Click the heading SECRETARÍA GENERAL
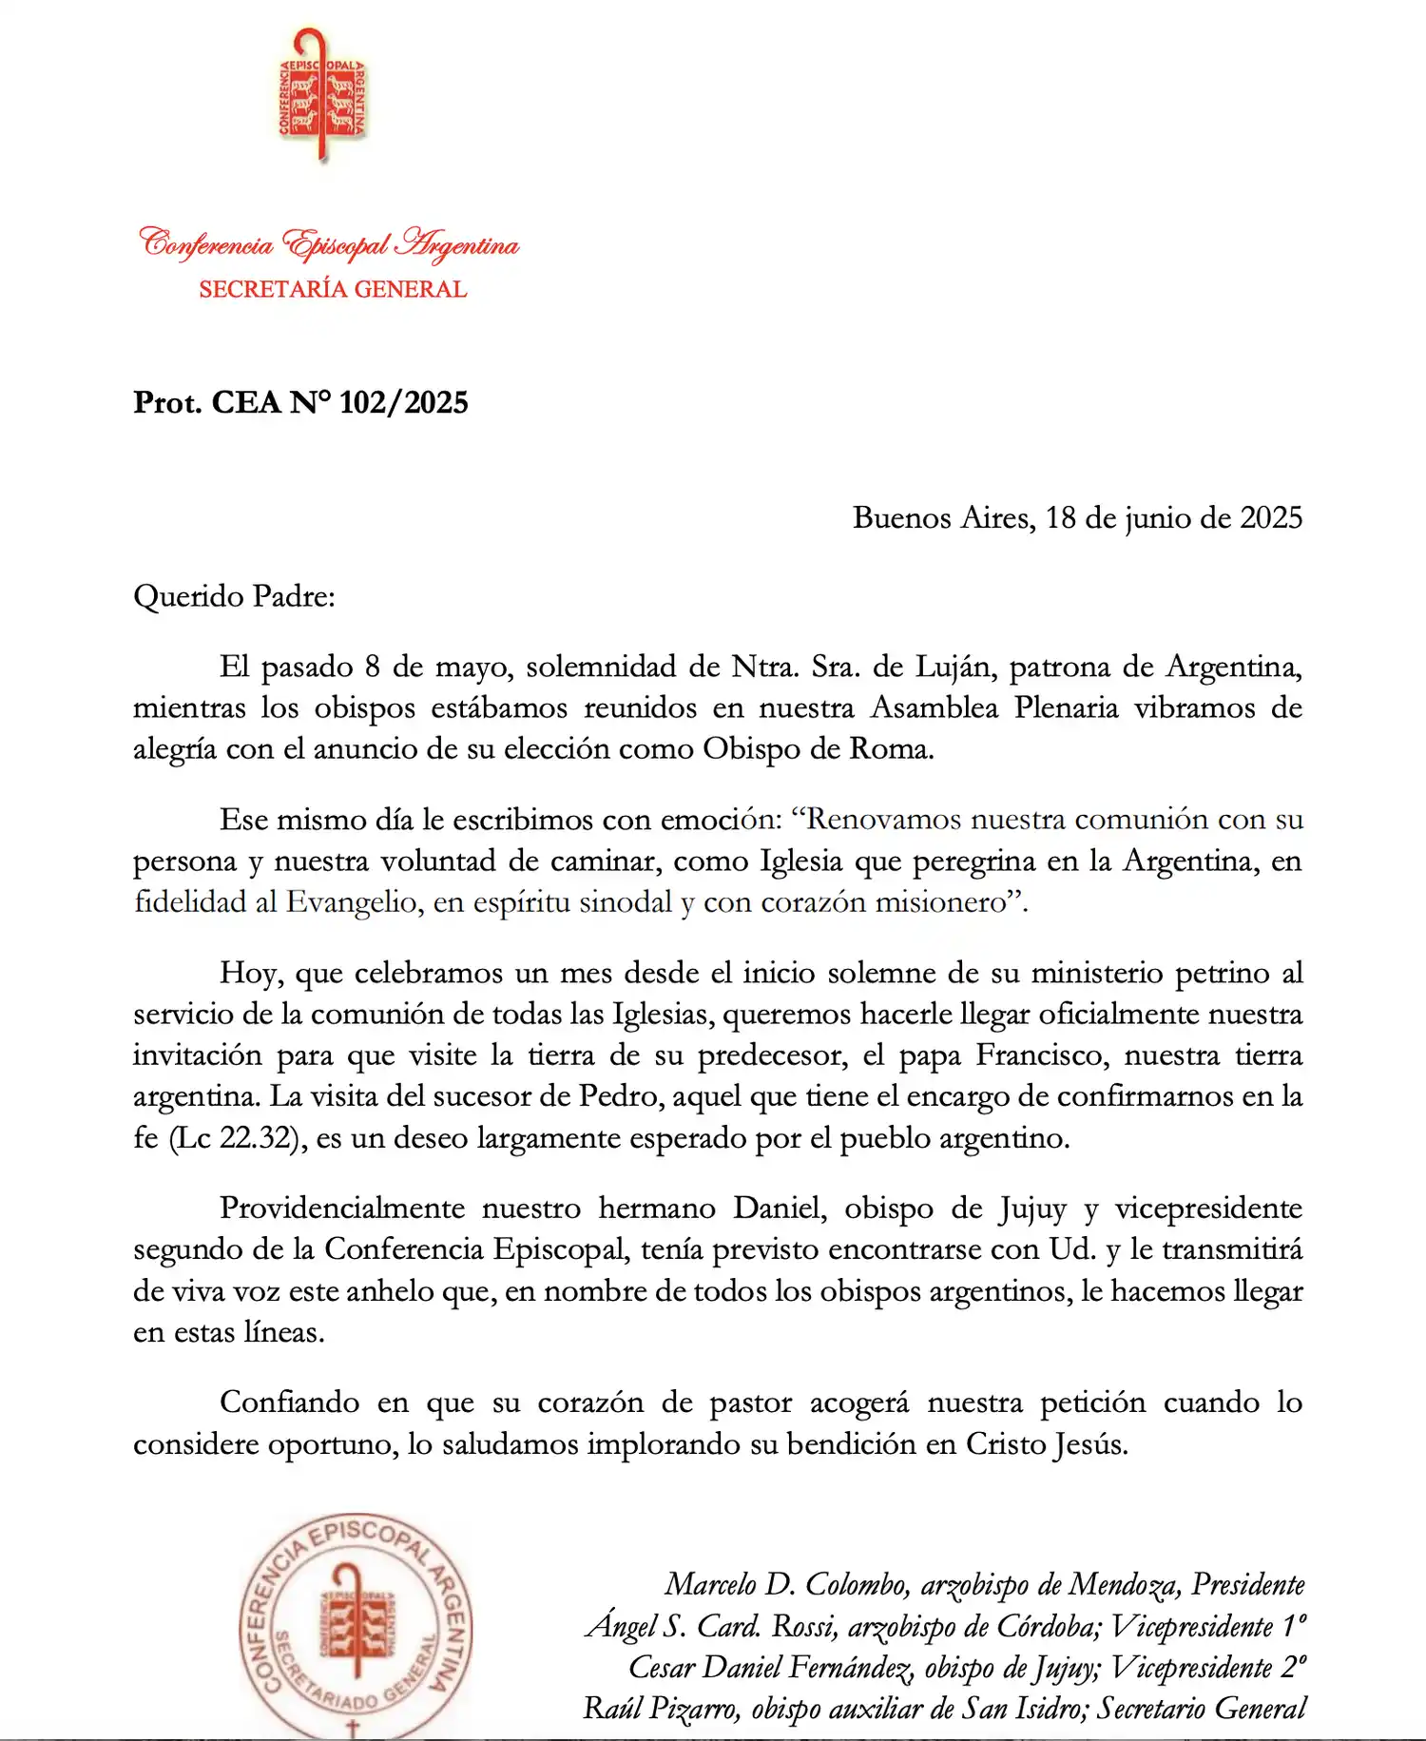333,289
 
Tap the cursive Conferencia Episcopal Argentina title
329,244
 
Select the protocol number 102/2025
403,402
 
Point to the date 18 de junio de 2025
1173,517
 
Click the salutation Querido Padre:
234,596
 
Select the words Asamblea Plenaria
994,708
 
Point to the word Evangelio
353,901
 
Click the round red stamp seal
355,1627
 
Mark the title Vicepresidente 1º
1207,1626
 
